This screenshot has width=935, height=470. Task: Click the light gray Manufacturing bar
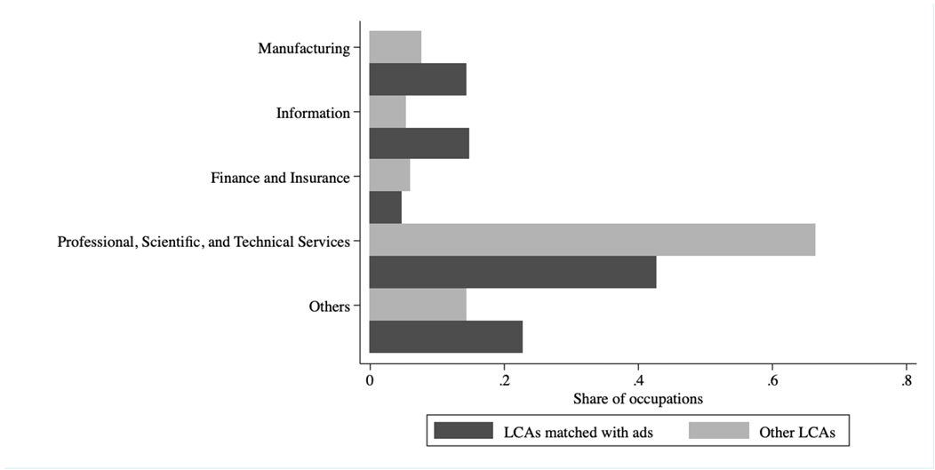pyautogui.click(x=395, y=47)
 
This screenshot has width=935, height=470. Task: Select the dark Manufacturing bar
pyautogui.click(x=417, y=79)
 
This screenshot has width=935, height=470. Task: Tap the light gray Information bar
pyautogui.click(x=387, y=112)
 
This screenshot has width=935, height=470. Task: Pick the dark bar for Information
pyautogui.click(x=419, y=144)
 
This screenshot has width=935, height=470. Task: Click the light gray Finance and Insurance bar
pyautogui.click(x=389, y=176)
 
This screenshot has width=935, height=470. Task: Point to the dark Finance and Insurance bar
pyautogui.click(x=385, y=208)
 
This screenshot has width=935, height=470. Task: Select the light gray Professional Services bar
pyautogui.click(x=592, y=240)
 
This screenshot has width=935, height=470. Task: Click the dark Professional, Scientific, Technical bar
pyautogui.click(x=512, y=272)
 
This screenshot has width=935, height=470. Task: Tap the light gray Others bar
pyautogui.click(x=417, y=305)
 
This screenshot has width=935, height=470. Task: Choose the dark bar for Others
pyautogui.click(x=445, y=337)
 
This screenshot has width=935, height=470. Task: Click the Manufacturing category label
pyautogui.click(x=304, y=48)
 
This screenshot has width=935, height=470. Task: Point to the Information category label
pyautogui.click(x=313, y=113)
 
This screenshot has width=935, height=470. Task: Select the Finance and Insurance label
pyautogui.click(x=280, y=178)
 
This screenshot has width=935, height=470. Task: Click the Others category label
pyautogui.click(x=330, y=307)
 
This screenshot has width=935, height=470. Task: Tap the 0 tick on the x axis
pyautogui.click(x=370, y=380)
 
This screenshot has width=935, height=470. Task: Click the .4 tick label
pyautogui.click(x=637, y=380)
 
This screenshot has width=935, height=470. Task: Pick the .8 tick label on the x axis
pyautogui.click(x=906, y=380)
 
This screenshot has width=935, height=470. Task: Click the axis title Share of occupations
pyautogui.click(x=637, y=399)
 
